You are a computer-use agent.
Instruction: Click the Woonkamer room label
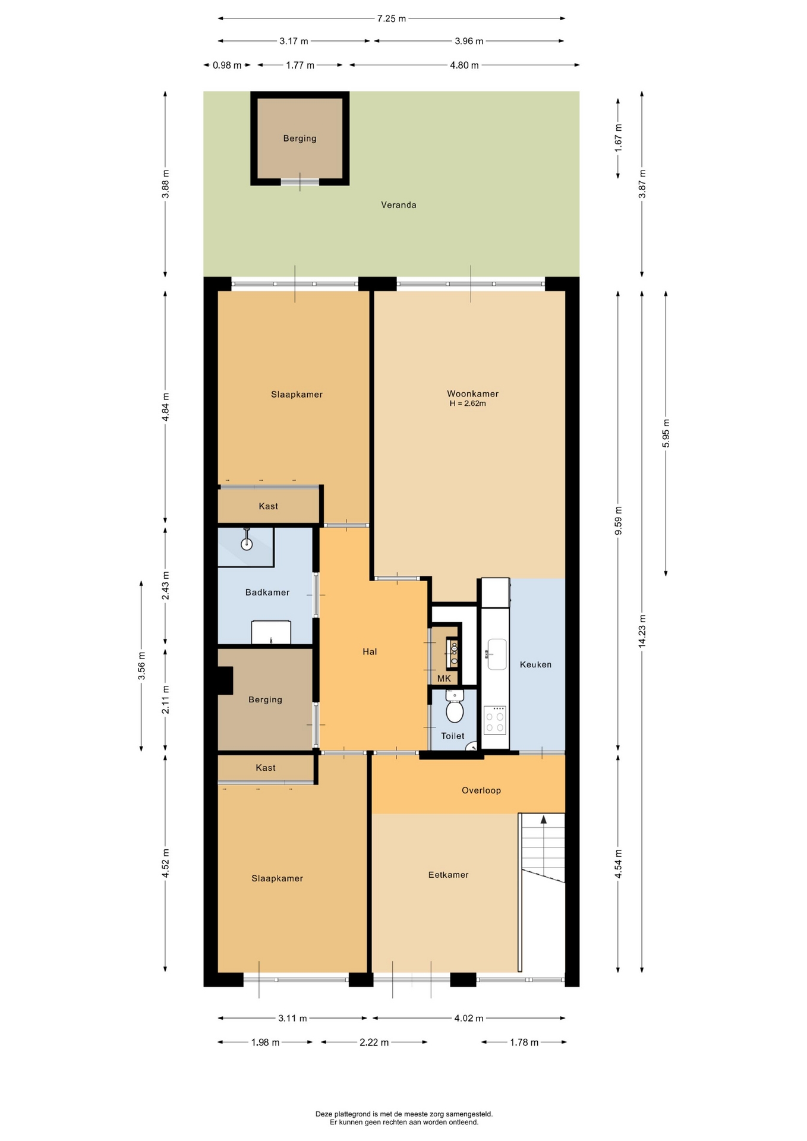point(472,393)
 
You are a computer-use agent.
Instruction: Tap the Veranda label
point(398,205)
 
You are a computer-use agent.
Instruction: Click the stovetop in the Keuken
point(495,720)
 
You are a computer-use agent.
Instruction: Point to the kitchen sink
point(497,654)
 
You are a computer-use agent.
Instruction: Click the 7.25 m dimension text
point(392,18)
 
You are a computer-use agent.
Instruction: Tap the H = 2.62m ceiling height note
point(468,404)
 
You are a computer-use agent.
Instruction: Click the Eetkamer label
point(448,875)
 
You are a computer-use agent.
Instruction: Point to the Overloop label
point(481,790)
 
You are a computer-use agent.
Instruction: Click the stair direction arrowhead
point(543,819)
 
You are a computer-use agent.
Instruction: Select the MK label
point(444,679)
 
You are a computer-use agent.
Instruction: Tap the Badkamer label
point(267,592)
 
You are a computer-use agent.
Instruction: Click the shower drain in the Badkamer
point(247,544)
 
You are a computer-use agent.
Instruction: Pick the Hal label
point(370,652)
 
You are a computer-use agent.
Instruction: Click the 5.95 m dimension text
point(666,433)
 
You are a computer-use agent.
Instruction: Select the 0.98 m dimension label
point(227,65)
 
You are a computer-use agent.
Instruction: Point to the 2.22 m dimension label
point(374,1042)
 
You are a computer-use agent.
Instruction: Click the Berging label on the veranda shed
point(300,138)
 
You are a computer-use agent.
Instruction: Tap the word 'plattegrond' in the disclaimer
point(354,1114)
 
